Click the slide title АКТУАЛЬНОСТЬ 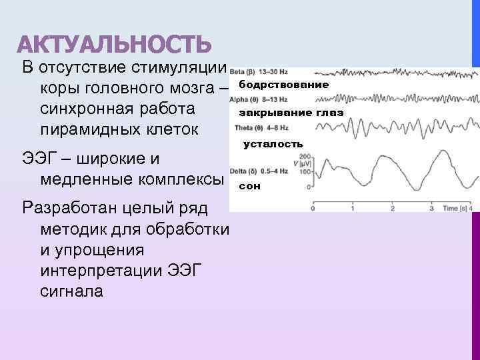114,45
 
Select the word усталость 273,144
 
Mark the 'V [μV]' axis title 291,164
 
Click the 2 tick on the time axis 392,209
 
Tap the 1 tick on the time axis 352,209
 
